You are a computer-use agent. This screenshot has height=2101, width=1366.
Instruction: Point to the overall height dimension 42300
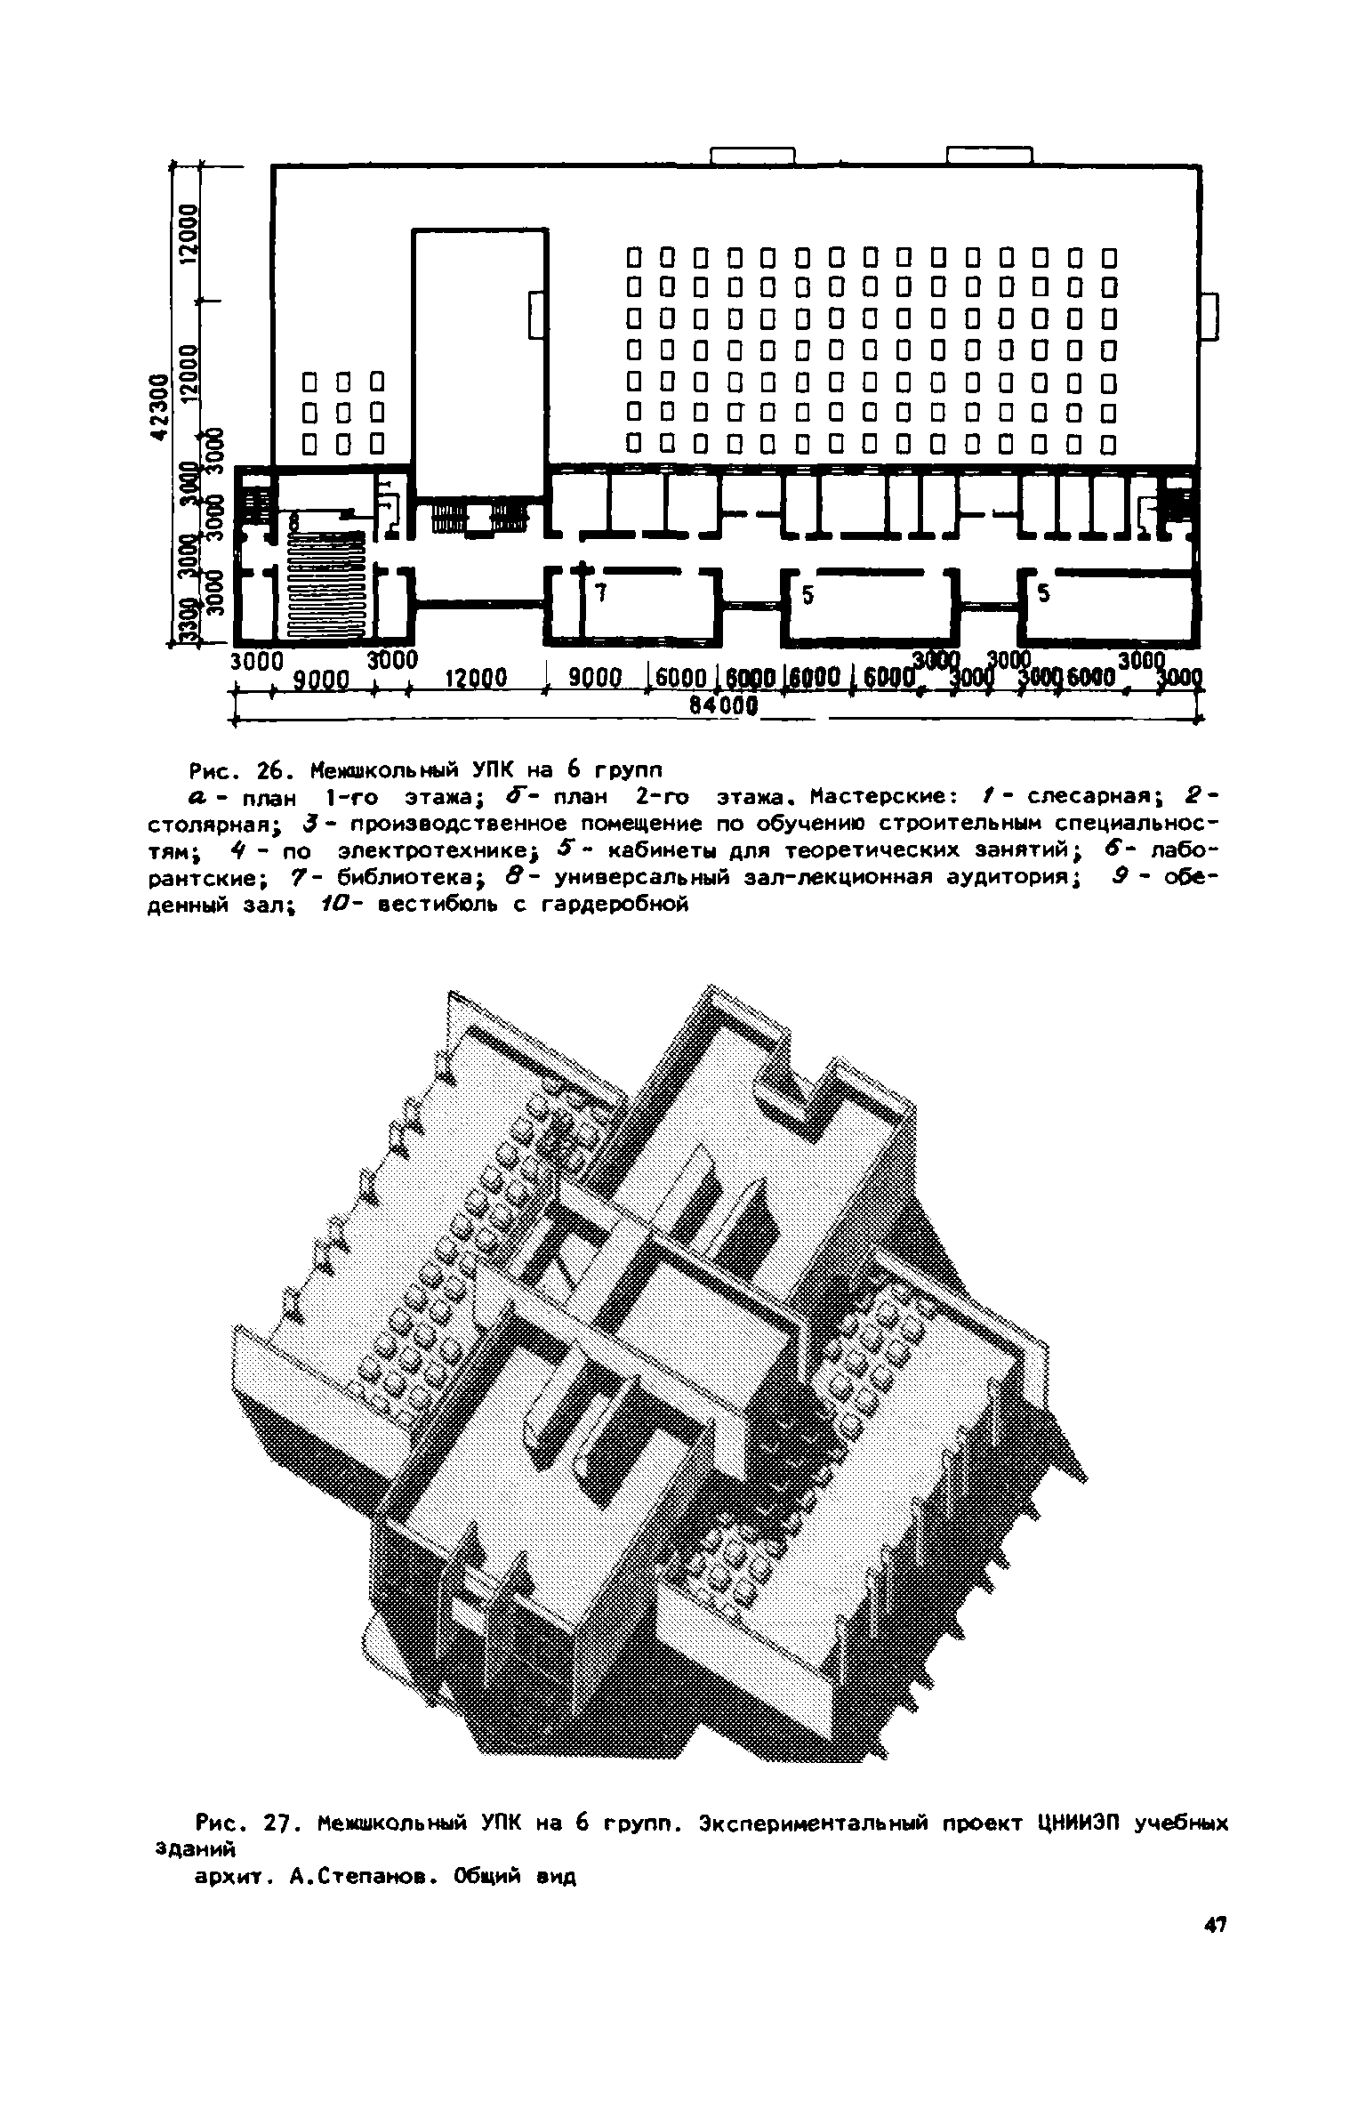pyautogui.click(x=159, y=407)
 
